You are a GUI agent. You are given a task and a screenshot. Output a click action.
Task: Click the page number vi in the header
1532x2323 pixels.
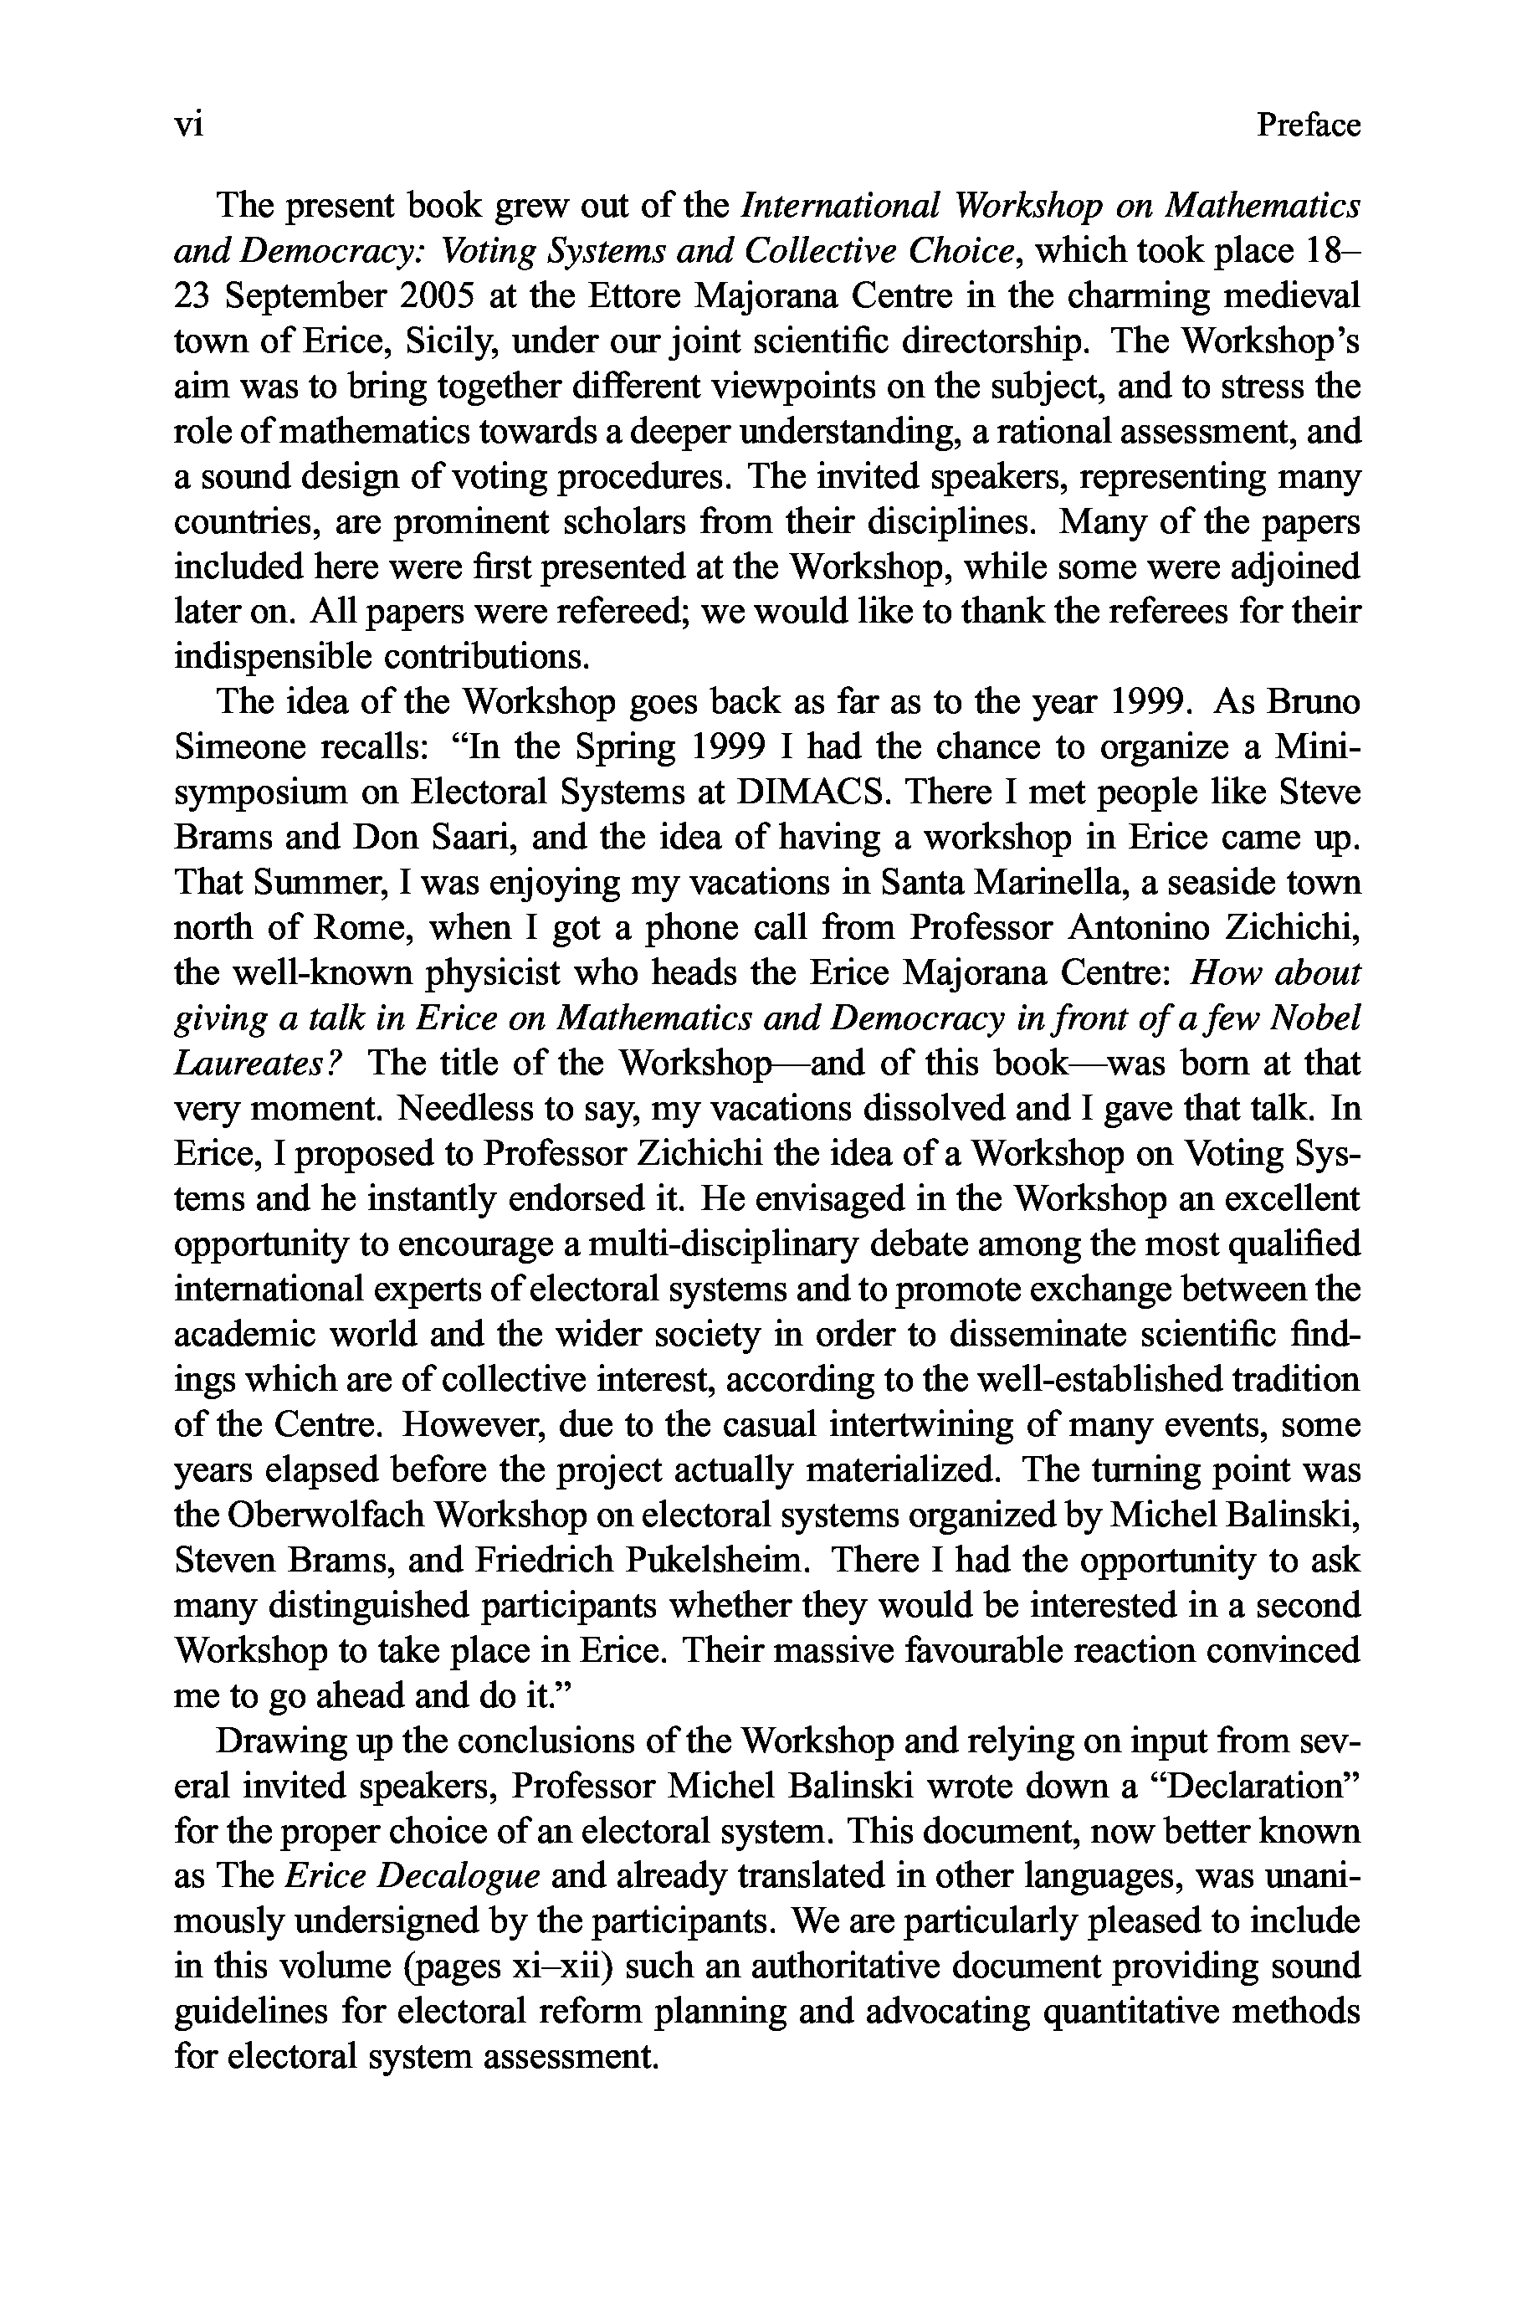(187, 125)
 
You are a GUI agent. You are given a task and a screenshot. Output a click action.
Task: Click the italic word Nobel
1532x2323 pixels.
(1313, 1019)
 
